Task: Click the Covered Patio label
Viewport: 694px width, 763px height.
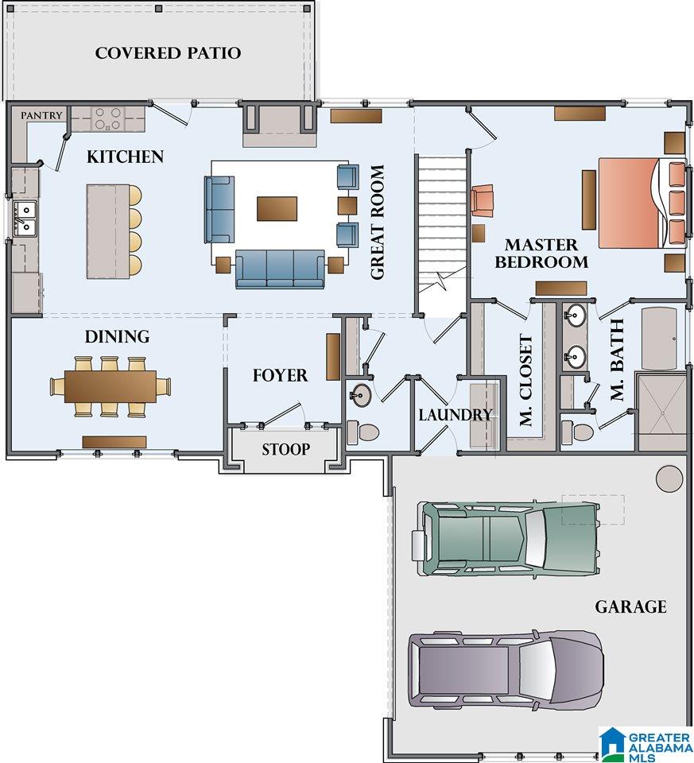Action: [x=168, y=53]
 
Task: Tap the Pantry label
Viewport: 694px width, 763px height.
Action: [x=41, y=115]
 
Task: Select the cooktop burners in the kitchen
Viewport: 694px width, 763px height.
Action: [x=108, y=118]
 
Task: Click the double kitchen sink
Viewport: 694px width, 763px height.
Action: [x=25, y=218]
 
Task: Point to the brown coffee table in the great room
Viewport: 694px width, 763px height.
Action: [x=277, y=209]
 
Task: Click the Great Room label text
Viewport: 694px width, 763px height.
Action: [x=377, y=222]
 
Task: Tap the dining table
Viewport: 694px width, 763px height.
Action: [x=110, y=386]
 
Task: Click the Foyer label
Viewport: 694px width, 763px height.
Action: [x=280, y=375]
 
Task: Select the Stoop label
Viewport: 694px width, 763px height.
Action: [x=285, y=449]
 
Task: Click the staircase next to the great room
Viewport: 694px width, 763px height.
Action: [x=441, y=236]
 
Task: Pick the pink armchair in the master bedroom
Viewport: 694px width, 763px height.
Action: [x=482, y=199]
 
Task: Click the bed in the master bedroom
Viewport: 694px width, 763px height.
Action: [x=643, y=203]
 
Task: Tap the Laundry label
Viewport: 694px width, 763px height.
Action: [x=456, y=415]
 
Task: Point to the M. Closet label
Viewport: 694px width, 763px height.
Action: [x=525, y=380]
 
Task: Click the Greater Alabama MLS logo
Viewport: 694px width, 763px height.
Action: [x=646, y=745]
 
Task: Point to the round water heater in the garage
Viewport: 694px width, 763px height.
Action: [x=669, y=478]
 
